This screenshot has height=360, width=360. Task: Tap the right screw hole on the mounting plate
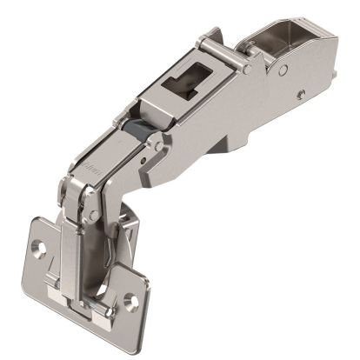pyautogui.click(x=134, y=302)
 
